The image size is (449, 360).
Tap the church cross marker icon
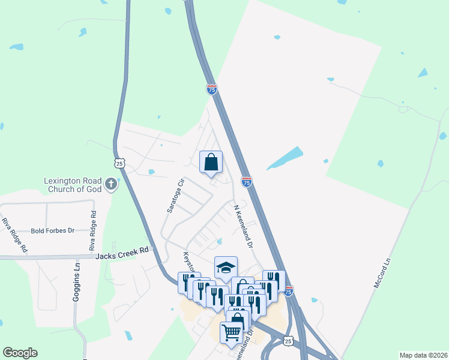click(110, 184)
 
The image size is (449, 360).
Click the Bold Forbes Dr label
click(52, 230)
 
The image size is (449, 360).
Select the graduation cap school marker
click(226, 268)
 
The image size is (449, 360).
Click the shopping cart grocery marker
click(231, 331)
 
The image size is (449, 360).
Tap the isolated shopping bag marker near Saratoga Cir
click(211, 161)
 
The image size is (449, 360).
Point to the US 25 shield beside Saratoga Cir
click(119, 163)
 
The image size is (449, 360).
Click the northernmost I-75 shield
click(211, 89)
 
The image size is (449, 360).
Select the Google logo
click(20, 353)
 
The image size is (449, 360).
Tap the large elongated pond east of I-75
click(285, 158)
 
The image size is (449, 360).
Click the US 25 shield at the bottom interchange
click(289, 341)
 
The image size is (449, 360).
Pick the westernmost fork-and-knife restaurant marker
click(188, 281)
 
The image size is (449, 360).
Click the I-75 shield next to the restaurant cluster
click(289, 291)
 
